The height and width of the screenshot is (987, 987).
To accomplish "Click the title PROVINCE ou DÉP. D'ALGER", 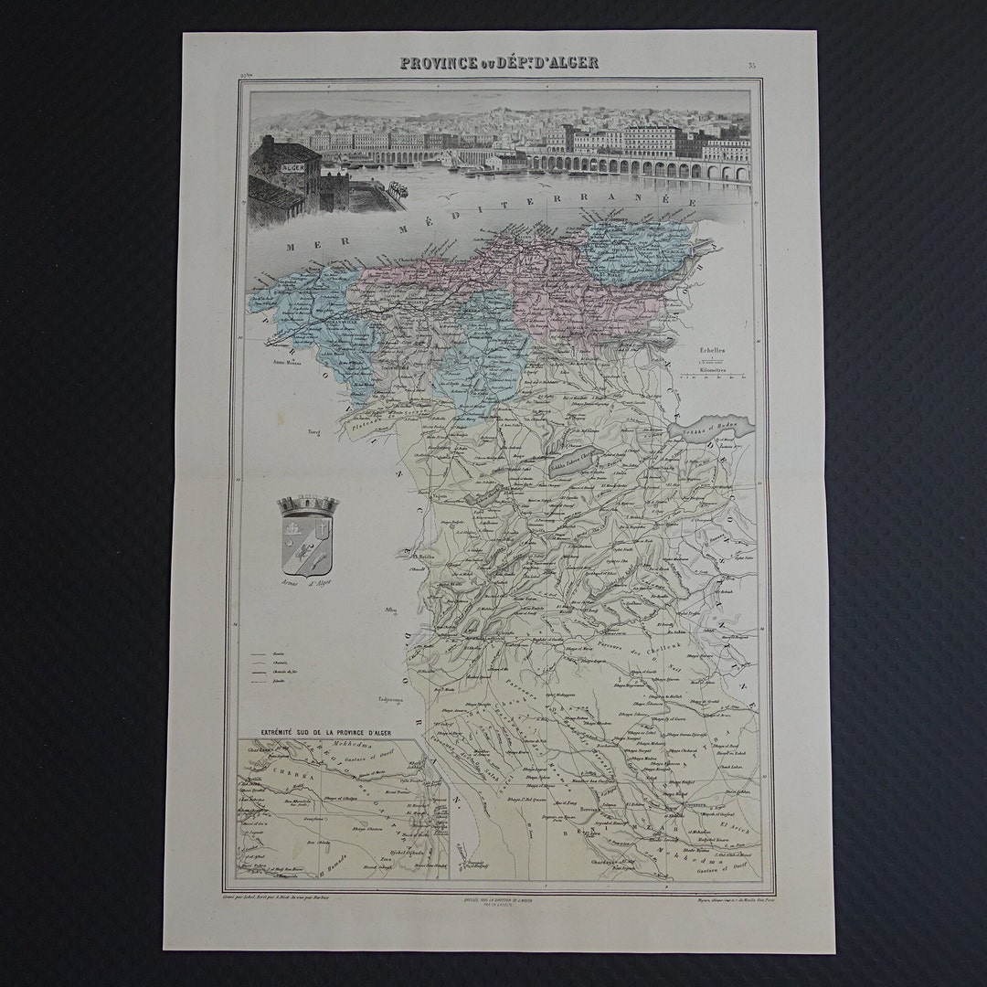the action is pyautogui.click(x=498, y=63).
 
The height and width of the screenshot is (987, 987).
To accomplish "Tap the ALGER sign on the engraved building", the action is pyautogui.click(x=293, y=167).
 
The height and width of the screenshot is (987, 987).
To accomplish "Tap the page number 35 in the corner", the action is pyautogui.click(x=750, y=65).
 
